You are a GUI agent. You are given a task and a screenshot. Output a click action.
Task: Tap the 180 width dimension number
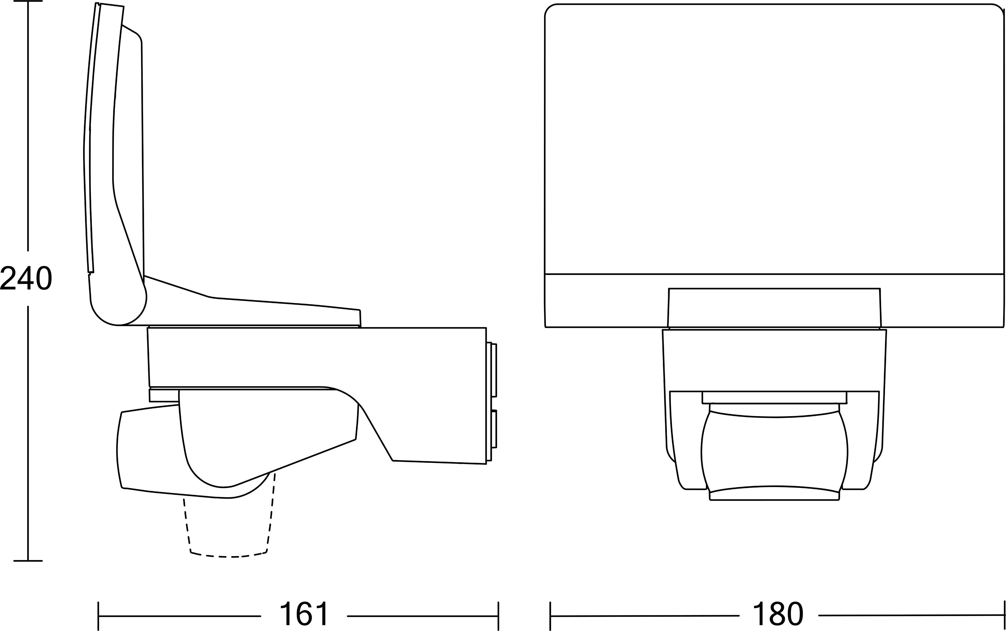coord(778,613)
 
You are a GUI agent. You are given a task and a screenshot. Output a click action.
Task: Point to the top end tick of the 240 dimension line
coord(28,1)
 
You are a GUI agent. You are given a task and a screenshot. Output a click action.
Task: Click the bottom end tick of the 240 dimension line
coord(28,561)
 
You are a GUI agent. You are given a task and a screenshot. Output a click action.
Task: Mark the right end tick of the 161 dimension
coord(498,616)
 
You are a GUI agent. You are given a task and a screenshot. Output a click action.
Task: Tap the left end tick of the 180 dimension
coord(550,616)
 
